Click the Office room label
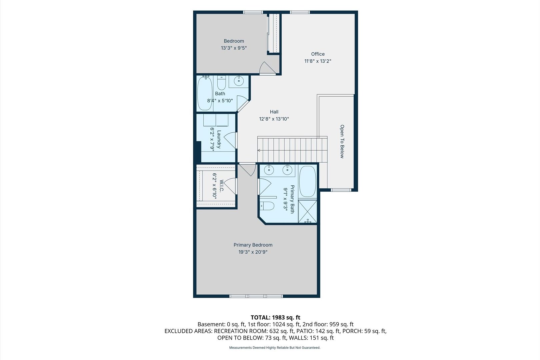[x=318, y=54]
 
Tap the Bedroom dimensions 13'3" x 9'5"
[x=234, y=48]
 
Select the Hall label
[x=274, y=112]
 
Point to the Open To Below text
[x=342, y=141]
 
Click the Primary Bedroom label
[x=253, y=245]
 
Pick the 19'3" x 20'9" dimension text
[x=253, y=252]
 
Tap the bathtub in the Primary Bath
[x=308, y=181]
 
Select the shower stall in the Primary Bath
[x=308, y=211]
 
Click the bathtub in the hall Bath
[x=205, y=93]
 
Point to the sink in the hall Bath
[x=239, y=81]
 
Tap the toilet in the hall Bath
[x=221, y=83]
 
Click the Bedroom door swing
[x=267, y=68]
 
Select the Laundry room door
[x=231, y=140]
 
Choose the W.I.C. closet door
[x=231, y=186]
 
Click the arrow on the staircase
[x=259, y=150]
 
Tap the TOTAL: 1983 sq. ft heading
[x=276, y=317]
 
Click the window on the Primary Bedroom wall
[x=256, y=296]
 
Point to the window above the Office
[x=300, y=12]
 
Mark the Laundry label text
[x=219, y=139]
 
